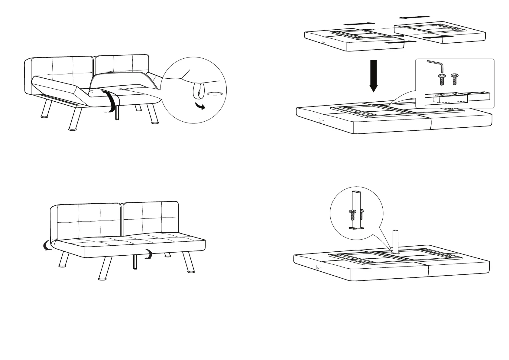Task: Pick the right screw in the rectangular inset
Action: pos(454,79)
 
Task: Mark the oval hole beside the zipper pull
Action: pos(215,94)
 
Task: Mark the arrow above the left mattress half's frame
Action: pos(360,23)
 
